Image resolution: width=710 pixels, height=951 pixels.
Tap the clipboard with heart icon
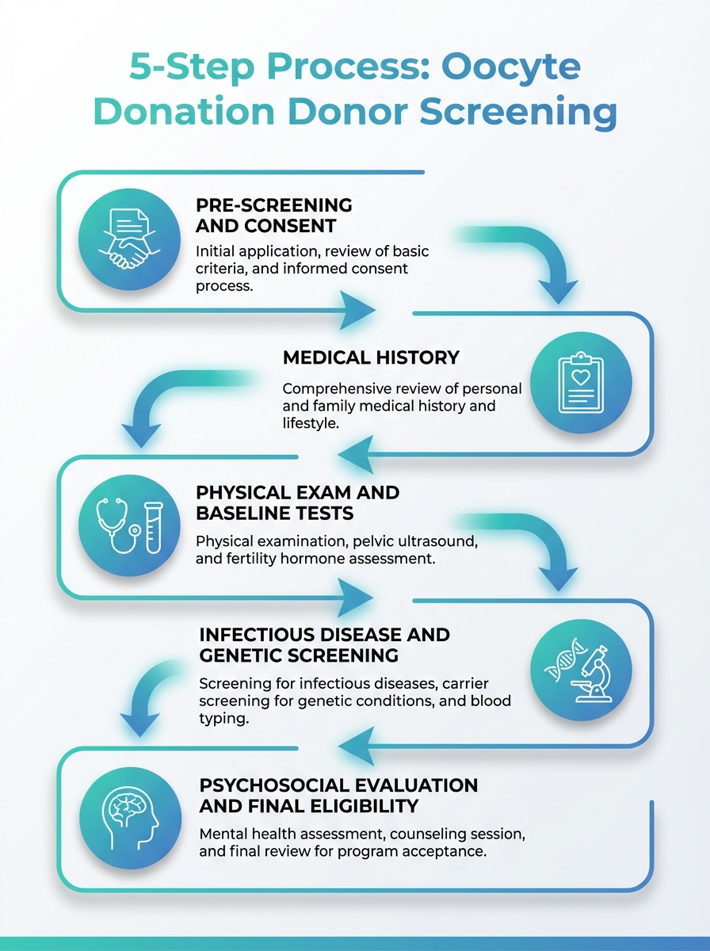tap(581, 381)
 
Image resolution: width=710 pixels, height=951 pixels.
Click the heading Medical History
tap(371, 358)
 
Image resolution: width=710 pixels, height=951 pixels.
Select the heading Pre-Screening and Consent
tap(274, 215)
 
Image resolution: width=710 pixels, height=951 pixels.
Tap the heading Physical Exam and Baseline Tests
tap(297, 502)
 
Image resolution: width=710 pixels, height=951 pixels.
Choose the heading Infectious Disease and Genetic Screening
tap(324, 645)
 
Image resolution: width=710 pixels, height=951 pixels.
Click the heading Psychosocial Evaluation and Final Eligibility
tap(338, 796)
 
